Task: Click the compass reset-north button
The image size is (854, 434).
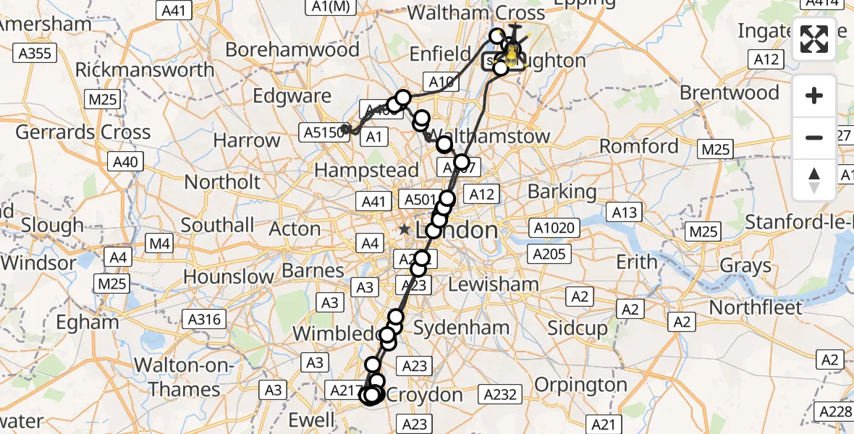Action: pos(814,179)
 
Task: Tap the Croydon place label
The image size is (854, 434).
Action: pos(426,395)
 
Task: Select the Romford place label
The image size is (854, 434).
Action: pos(639,146)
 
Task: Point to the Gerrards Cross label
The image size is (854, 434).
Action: pos(83,132)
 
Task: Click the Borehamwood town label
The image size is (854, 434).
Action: pos(292,50)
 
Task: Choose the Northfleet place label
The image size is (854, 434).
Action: pos(756,307)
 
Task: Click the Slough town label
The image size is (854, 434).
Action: pos(51,225)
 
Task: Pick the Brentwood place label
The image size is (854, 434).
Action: pos(730,93)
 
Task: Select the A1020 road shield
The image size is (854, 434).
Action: pos(556,229)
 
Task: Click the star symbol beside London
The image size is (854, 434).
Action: pos(404,229)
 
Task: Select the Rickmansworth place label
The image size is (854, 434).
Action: pos(145,70)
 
